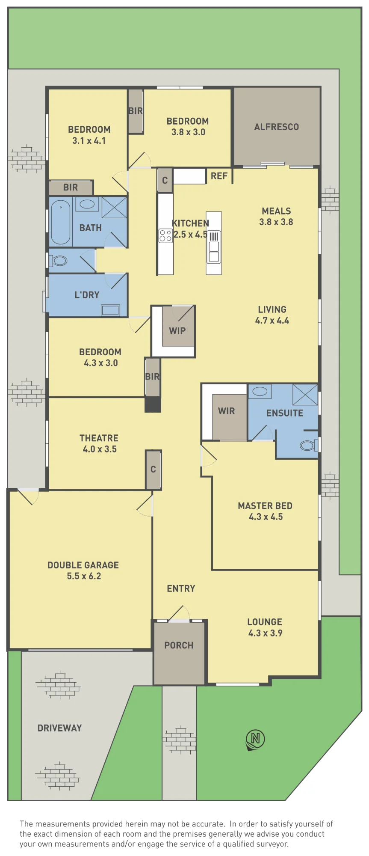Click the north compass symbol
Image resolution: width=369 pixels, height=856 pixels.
coord(255,740)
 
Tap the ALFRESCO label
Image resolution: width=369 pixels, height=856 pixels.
coord(276,127)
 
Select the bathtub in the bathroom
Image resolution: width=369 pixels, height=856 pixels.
coord(61,222)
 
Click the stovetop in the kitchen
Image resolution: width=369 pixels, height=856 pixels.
coord(165,236)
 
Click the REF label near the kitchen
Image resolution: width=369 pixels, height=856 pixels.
coord(219,176)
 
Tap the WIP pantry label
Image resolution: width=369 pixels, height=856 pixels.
coord(177,331)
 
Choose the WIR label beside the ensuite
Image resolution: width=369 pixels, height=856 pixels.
coord(226,411)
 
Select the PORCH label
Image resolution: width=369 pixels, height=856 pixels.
coord(179,645)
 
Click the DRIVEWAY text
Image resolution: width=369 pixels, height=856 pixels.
coord(59,728)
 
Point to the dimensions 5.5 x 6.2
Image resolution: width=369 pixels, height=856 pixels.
coord(84,576)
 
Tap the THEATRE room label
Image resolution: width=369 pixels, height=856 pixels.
coord(99,438)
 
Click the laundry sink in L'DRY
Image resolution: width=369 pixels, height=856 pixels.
coord(110,310)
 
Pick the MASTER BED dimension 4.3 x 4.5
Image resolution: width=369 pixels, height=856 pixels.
coord(266,517)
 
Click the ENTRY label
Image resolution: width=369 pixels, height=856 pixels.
coord(181,589)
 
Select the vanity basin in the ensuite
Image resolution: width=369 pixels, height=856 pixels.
coord(260,392)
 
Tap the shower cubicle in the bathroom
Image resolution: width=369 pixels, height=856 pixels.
coord(114,207)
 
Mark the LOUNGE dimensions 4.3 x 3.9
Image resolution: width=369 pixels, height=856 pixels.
coord(265,633)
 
